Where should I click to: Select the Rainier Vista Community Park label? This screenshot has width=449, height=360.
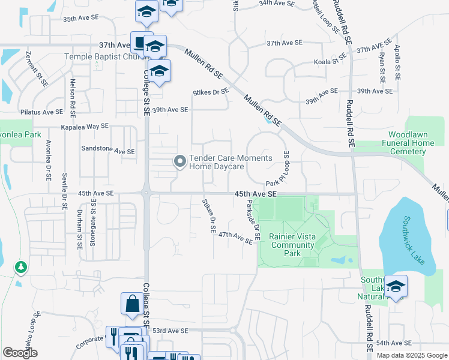click(x=293, y=245)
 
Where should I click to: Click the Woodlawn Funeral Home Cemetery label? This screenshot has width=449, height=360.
click(x=411, y=143)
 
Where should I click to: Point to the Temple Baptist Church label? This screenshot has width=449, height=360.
click(x=99, y=58)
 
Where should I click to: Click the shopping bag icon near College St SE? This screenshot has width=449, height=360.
click(x=131, y=304)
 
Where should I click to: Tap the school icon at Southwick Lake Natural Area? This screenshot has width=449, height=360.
click(x=396, y=286)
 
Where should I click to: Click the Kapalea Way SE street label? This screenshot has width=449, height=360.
click(x=85, y=127)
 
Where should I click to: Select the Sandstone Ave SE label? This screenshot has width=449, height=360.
click(x=107, y=151)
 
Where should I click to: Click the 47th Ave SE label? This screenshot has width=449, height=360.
click(x=235, y=238)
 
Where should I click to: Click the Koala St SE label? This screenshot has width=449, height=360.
click(x=333, y=58)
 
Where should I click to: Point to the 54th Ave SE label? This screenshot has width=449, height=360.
click(x=394, y=343)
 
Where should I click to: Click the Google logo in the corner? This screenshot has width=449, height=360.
click(x=20, y=352)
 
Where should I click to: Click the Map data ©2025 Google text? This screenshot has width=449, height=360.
click(x=411, y=355)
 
